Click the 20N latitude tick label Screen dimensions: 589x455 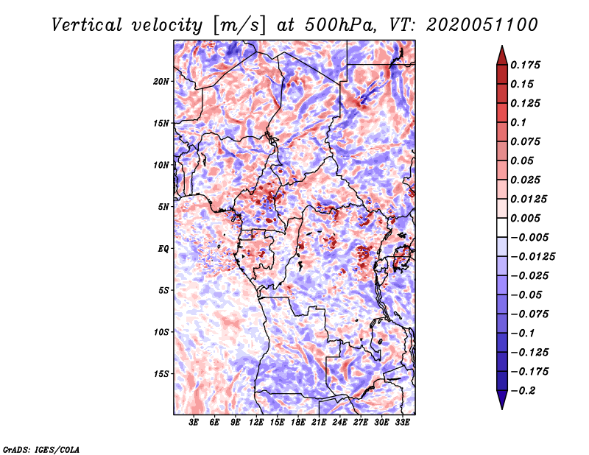click(x=161, y=82)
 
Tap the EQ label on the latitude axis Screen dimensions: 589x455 click(x=163, y=249)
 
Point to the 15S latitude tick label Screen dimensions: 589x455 click(x=161, y=374)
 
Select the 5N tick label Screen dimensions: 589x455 click(x=163, y=207)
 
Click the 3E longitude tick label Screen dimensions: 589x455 click(x=194, y=423)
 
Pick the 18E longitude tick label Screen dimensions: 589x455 click(x=298, y=423)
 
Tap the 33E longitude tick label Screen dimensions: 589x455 click(x=402, y=423)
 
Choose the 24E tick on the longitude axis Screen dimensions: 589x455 click(x=339, y=423)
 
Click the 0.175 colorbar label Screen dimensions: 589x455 click(x=525, y=65)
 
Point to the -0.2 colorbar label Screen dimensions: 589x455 click(x=523, y=391)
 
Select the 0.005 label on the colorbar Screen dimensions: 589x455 click(x=525, y=218)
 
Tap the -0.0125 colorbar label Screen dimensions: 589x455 click(x=532, y=257)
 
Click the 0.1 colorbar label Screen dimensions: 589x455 click(x=518, y=122)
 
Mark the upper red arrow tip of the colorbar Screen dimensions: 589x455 click(x=502, y=46)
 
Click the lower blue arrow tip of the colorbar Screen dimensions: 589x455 click(x=502, y=409)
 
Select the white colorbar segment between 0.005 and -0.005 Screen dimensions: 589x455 click(x=502, y=227)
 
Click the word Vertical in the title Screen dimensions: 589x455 click(x=87, y=25)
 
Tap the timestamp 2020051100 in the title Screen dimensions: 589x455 click(x=482, y=25)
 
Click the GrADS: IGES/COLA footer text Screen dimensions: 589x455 click(x=41, y=450)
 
